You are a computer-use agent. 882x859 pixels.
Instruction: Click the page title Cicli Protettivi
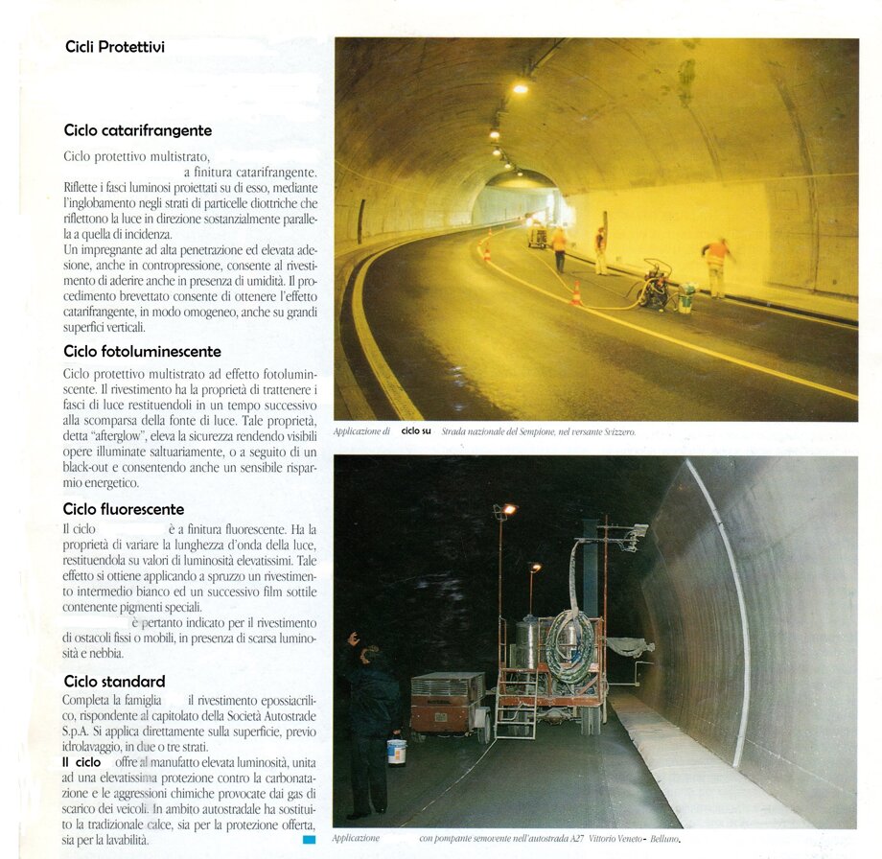[x=115, y=46]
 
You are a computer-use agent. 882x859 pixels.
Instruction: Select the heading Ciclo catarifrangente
[x=138, y=130]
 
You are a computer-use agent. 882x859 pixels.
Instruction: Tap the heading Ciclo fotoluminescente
[x=142, y=351]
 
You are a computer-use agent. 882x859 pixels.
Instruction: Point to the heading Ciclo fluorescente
[x=124, y=509]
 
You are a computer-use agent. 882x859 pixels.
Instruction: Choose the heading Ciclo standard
[x=114, y=682]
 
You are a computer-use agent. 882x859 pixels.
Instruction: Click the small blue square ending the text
[x=309, y=840]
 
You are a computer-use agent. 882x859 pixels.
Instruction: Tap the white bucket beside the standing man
[x=397, y=751]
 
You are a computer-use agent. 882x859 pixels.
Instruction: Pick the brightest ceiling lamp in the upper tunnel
[x=520, y=88]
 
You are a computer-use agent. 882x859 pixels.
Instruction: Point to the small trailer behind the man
[x=448, y=703]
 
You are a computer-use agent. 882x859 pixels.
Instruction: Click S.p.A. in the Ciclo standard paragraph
[x=76, y=731]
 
